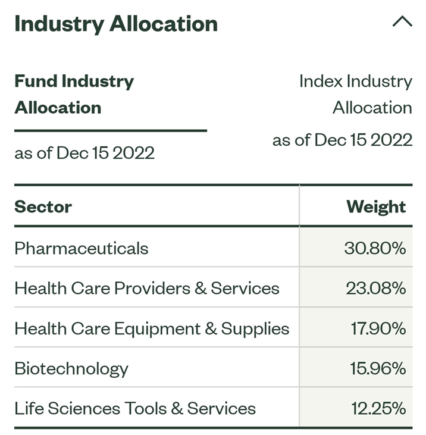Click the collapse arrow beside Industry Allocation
pos(402,21)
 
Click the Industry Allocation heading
pos(116,24)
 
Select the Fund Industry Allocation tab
pos(74,95)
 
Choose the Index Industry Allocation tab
pos(356,95)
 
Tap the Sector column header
pos(43,207)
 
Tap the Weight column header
pos(376,207)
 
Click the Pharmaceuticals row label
pos(82,248)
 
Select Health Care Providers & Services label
pos(147,288)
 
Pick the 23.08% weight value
pos(376,288)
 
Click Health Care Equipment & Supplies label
pos(152,329)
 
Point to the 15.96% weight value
pos(378,369)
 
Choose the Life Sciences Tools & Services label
pos(135,409)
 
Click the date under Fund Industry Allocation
pos(84,153)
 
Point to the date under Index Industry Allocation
pos(342,140)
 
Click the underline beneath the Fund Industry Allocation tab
pos(111,130)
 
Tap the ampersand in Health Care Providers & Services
pos(201,288)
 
